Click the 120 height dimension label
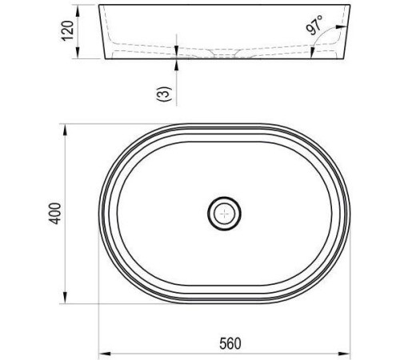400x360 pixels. pos(68,30)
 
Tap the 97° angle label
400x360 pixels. pos(314,25)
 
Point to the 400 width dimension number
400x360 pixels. pos(55,214)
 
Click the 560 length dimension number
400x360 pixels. pos(230,343)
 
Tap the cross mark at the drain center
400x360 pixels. pos(225,214)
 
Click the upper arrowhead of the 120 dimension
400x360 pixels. pos(78,10)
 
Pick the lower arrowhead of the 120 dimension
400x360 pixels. pos(78,53)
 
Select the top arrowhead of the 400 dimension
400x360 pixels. pos(65,130)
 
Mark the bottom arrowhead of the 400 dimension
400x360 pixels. pos(65,298)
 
